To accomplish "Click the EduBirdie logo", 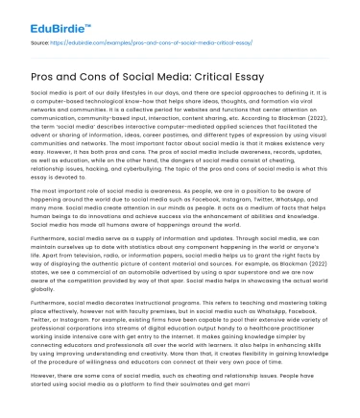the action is pyautogui.click(x=42, y=18).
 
